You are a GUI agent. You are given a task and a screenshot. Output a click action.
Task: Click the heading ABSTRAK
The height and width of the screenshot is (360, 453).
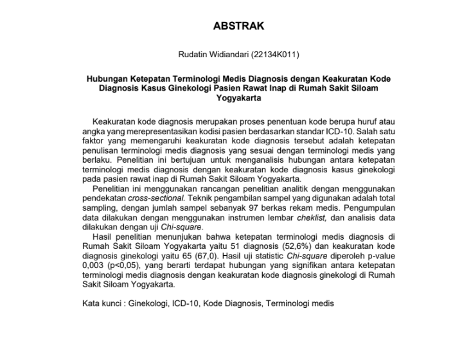238,26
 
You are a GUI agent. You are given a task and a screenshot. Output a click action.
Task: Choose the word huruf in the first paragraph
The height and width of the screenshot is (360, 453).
362,120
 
